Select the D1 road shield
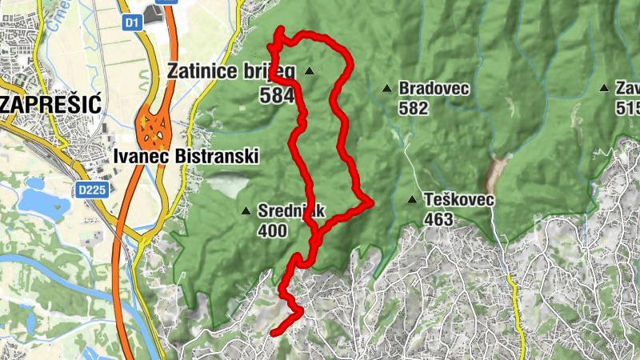pyautogui.click(x=132, y=24)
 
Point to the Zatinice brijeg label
pyautogui.click(x=230, y=71)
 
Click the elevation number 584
pyautogui.click(x=277, y=96)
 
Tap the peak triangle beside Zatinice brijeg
pyautogui.click(x=310, y=72)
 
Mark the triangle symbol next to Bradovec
pyautogui.click(x=387, y=89)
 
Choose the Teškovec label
pyautogui.click(x=460, y=199)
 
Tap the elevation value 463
pyautogui.click(x=438, y=219)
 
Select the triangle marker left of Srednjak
pyautogui.click(x=246, y=212)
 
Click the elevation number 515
pyautogui.click(x=628, y=108)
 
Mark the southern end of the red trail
pyautogui.click(x=273, y=331)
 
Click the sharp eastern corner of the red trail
pyautogui.click(x=370, y=203)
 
